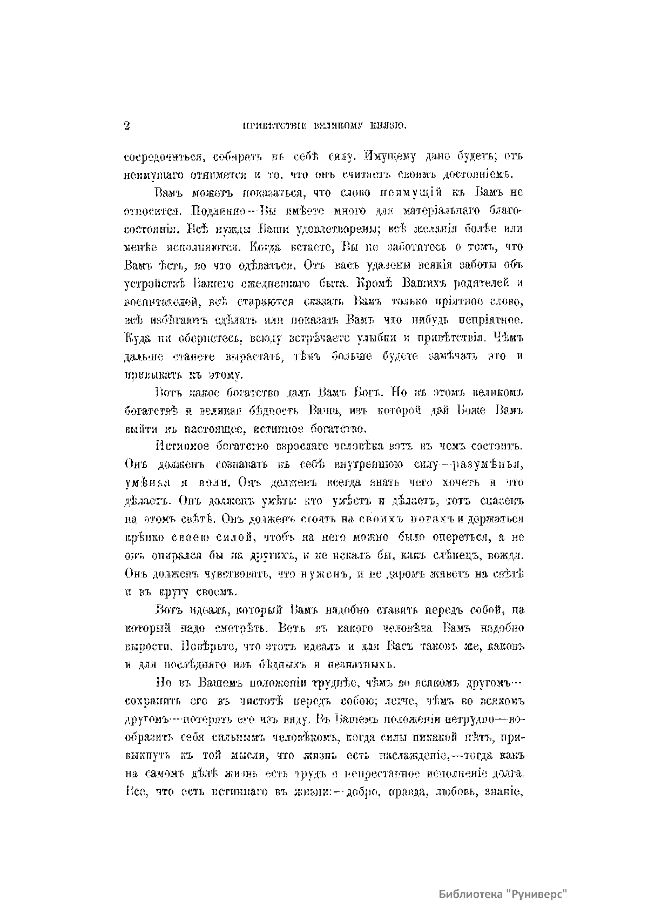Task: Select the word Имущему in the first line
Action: click(x=389, y=157)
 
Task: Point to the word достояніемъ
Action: click(x=473, y=175)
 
